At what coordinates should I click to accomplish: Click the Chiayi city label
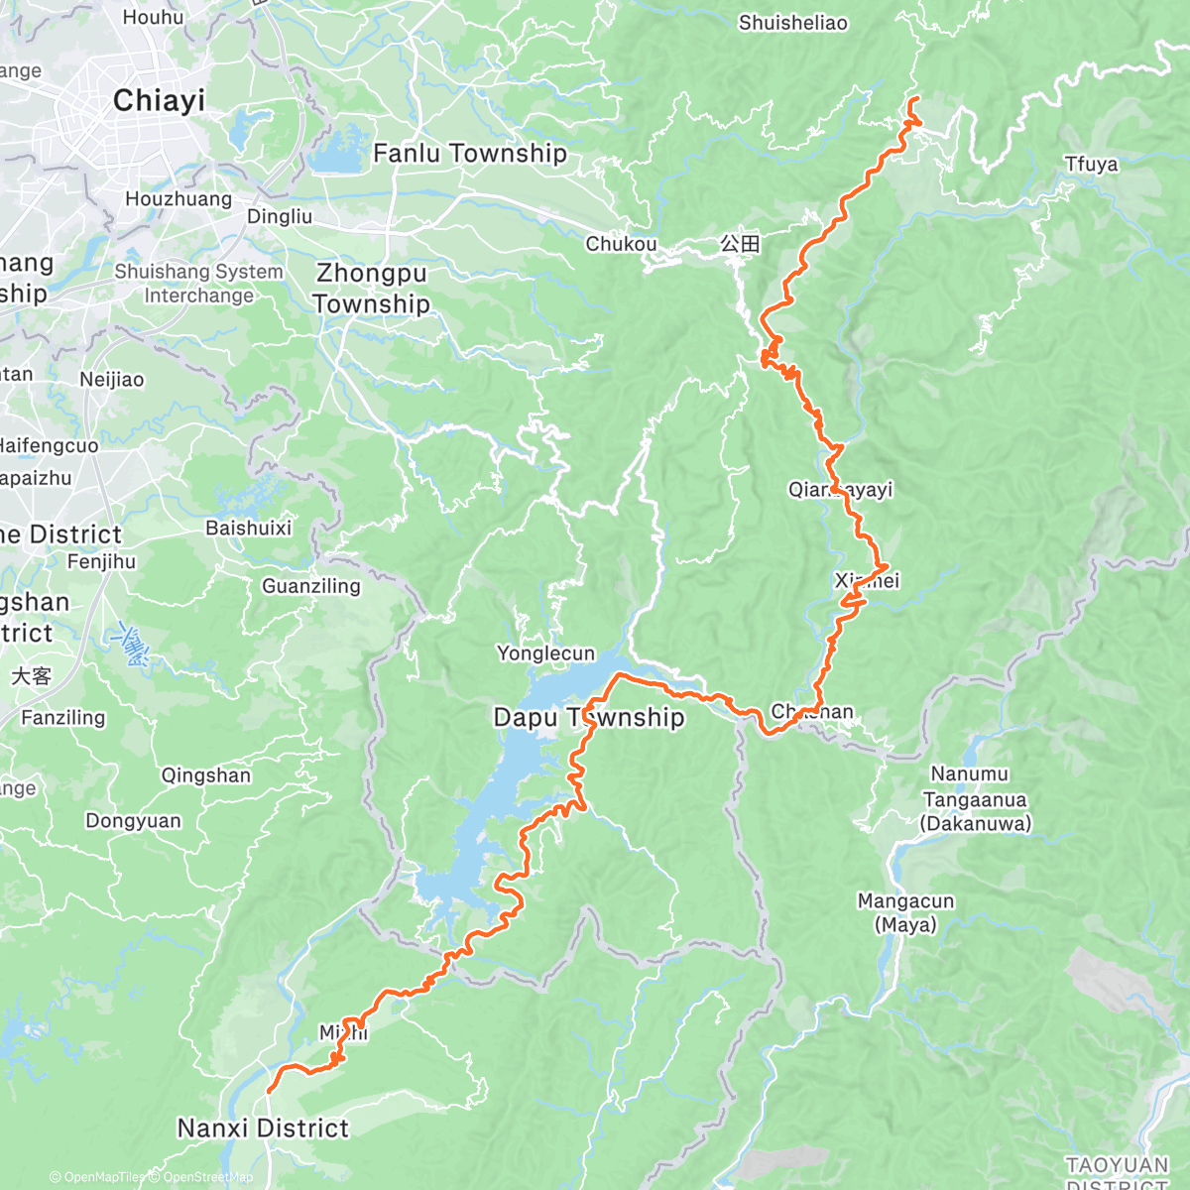click(159, 100)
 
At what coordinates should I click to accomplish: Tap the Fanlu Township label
click(469, 154)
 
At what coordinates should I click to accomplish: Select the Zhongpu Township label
click(371, 289)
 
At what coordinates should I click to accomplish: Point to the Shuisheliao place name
click(792, 23)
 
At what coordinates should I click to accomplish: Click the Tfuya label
click(1091, 165)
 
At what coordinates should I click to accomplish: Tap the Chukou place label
click(621, 244)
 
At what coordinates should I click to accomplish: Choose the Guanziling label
click(311, 586)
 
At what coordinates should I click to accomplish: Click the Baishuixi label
click(248, 529)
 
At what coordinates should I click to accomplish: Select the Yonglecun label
click(545, 654)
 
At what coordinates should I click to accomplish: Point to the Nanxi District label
click(263, 1129)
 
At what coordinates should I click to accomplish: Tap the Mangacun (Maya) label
click(905, 912)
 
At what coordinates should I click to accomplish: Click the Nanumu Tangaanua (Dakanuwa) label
click(976, 798)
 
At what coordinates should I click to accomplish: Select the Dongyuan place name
click(133, 821)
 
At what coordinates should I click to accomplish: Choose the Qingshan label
click(206, 775)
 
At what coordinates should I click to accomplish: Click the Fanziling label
click(62, 718)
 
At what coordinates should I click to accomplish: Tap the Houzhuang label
click(178, 199)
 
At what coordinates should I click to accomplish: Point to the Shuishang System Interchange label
click(198, 284)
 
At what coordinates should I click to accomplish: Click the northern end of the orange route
click(911, 98)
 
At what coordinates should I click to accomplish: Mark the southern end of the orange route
click(269, 1091)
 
